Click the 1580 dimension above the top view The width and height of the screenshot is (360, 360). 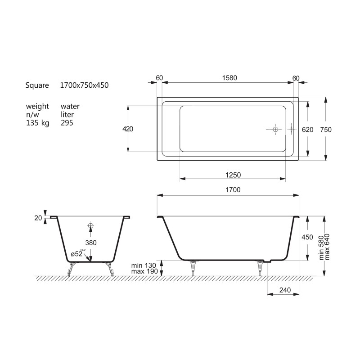[229, 78]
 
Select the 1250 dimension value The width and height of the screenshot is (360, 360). [233, 175]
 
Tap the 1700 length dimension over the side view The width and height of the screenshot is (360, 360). [233, 190]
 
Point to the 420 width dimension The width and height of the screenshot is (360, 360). [128, 129]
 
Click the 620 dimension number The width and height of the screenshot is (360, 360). [307, 130]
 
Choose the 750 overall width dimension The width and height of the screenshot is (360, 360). [326, 130]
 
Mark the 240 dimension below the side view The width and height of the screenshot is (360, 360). [285, 290]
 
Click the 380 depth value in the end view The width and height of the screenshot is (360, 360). [91, 243]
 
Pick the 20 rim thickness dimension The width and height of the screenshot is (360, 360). [38, 218]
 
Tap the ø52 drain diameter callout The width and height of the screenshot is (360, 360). [78, 253]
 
